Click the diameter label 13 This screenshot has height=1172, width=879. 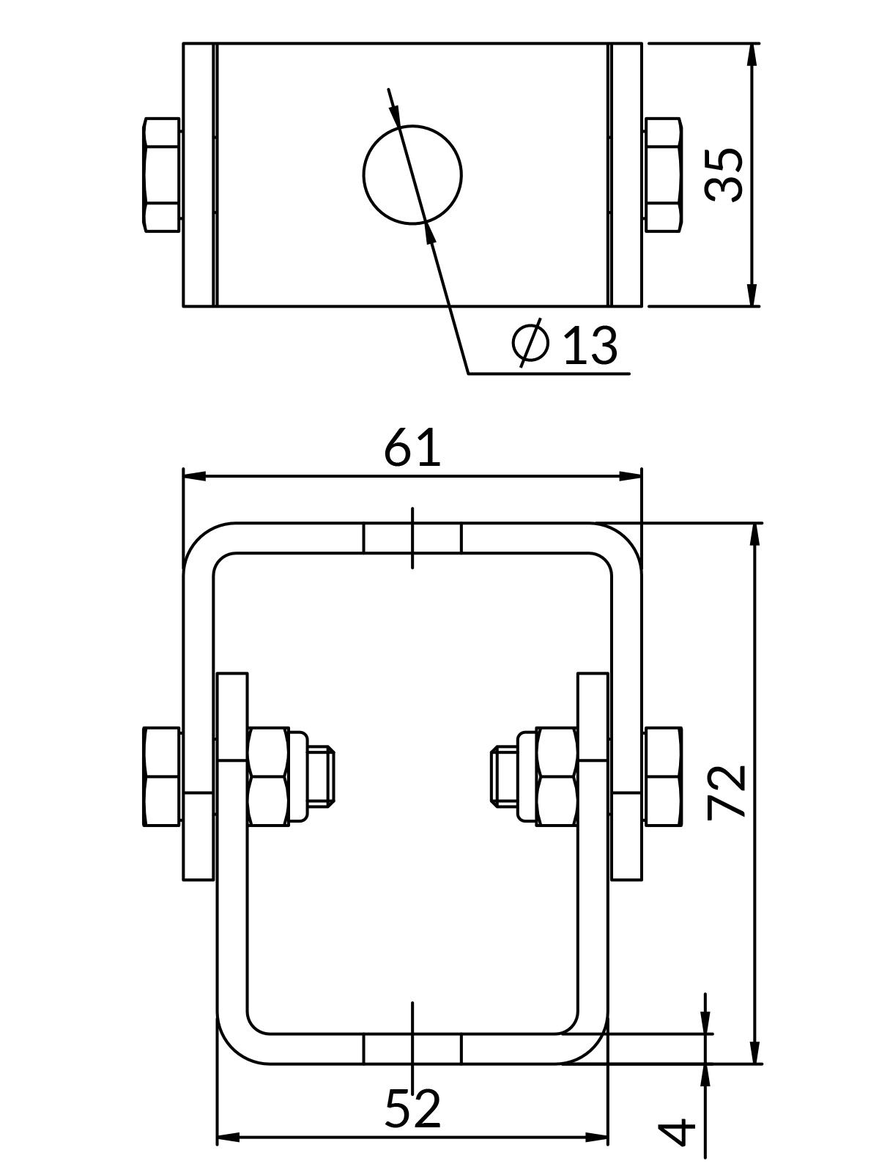tap(590, 345)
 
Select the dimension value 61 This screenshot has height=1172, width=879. tap(412, 448)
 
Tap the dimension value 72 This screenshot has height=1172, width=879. tap(727, 791)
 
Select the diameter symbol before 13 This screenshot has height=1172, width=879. tap(530, 342)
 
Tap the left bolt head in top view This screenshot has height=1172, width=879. tap(162, 175)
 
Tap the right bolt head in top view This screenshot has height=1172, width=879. tap(664, 175)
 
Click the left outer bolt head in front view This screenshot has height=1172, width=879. tap(162, 776)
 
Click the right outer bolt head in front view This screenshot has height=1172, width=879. tap(664, 776)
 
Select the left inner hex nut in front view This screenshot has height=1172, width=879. tap(268, 776)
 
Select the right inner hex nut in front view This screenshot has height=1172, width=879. tap(556, 776)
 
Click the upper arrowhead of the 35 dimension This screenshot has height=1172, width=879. tap(752, 54)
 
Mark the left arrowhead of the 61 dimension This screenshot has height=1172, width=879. tap(193, 476)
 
